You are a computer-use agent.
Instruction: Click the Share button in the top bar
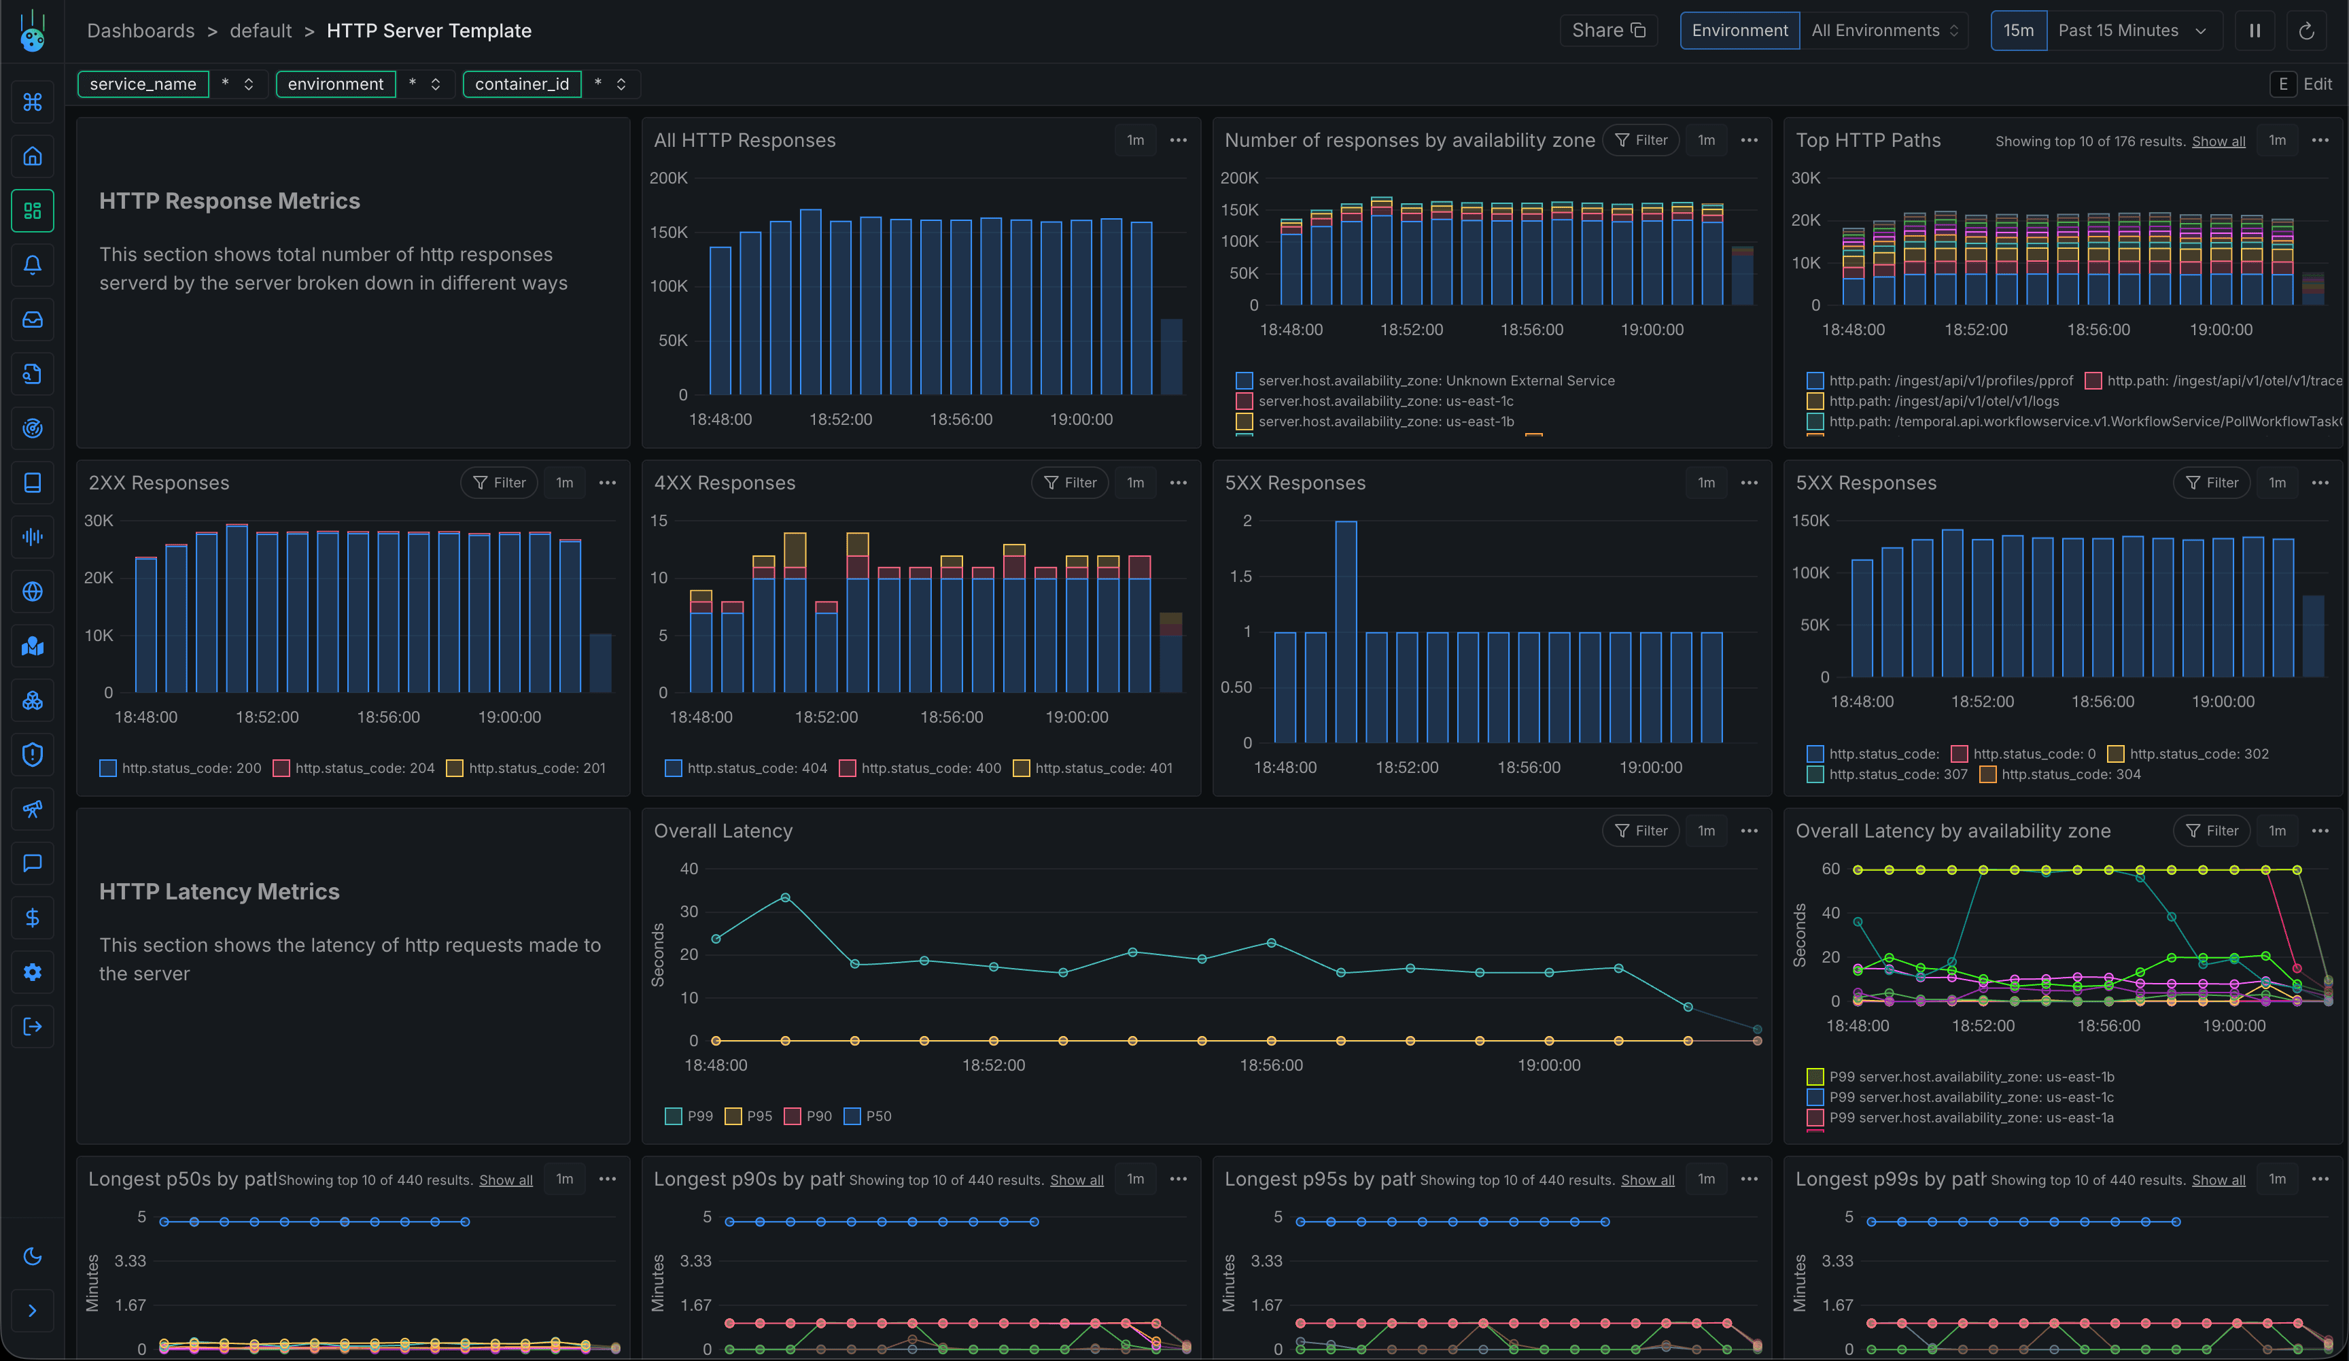click(1608, 31)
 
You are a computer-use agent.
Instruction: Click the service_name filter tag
click(143, 84)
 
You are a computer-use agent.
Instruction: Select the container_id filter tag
click(521, 84)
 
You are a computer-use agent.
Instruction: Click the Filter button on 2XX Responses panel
click(499, 483)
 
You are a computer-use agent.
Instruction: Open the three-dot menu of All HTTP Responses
click(1178, 140)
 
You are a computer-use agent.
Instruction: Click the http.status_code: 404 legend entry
click(747, 768)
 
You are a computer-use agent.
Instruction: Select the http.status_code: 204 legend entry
click(354, 768)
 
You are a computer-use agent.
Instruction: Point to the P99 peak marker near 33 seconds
click(785, 897)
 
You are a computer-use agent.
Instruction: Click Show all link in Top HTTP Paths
click(2218, 141)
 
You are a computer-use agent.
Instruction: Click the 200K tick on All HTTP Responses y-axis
click(668, 178)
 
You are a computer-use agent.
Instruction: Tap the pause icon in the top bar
click(2254, 31)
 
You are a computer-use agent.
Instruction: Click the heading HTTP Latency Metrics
click(219, 891)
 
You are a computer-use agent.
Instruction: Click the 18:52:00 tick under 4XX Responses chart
click(826, 717)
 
